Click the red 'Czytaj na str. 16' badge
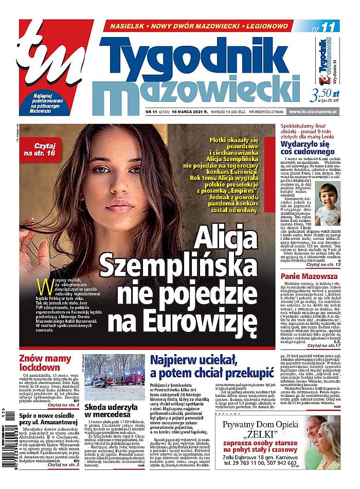(48, 148)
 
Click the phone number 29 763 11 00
(244, 463)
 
